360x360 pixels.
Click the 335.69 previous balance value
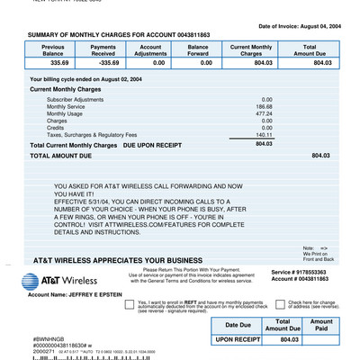point(59,63)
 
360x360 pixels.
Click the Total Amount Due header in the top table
point(310,49)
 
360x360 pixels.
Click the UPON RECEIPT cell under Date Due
point(238,340)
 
